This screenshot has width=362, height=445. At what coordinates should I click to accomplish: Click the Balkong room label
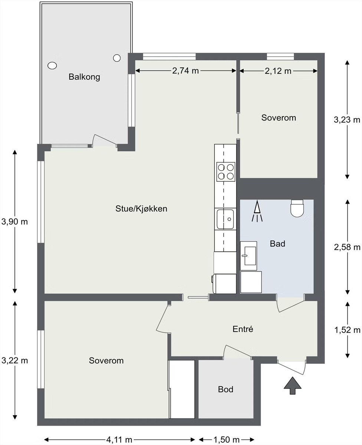click(x=85, y=77)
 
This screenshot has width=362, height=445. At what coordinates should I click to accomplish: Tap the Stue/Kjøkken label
click(x=141, y=208)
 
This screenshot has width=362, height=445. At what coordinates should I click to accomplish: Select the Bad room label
click(x=277, y=244)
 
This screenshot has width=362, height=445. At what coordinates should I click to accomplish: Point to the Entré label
click(x=243, y=329)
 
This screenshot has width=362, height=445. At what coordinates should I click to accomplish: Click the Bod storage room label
click(x=226, y=389)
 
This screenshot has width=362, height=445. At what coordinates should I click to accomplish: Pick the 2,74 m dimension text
click(x=185, y=71)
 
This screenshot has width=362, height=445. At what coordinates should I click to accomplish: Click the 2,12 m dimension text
click(x=278, y=71)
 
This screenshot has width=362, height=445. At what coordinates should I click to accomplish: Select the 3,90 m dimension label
click(x=14, y=222)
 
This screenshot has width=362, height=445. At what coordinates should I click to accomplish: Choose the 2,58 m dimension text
click(x=347, y=247)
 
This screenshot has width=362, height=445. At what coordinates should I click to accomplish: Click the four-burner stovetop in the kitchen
click(x=226, y=172)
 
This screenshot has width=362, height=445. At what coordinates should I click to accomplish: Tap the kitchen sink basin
click(x=225, y=219)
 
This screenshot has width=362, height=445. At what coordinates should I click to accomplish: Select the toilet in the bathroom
click(x=297, y=208)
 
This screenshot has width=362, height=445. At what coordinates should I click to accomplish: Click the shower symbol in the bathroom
click(x=257, y=211)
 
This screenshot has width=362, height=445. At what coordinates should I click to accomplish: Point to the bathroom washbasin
click(x=249, y=256)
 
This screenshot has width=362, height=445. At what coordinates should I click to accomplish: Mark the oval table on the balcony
click(x=52, y=66)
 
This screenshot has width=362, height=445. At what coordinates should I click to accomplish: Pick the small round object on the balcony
click(x=117, y=58)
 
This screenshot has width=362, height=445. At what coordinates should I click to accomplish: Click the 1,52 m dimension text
click(x=348, y=330)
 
